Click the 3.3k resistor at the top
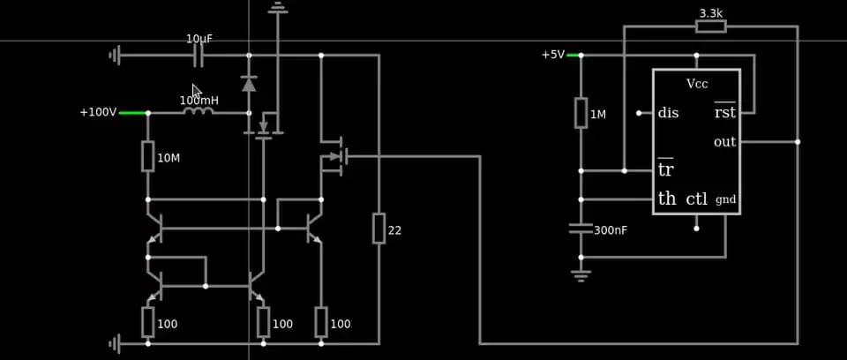710,26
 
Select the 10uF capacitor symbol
199,56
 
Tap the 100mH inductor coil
199,112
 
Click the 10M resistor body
147,156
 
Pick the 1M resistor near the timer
581,113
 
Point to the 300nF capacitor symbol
581,229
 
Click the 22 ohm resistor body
379,228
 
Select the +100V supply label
97,112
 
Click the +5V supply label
552,55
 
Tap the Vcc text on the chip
697,84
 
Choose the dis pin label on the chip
668,113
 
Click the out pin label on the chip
724,142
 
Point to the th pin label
667,199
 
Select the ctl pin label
697,199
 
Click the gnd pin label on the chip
725,199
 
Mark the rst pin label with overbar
724,112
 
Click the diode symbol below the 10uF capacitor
249,84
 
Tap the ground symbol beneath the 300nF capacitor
581,274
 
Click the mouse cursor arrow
197,92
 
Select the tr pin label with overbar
665,169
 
